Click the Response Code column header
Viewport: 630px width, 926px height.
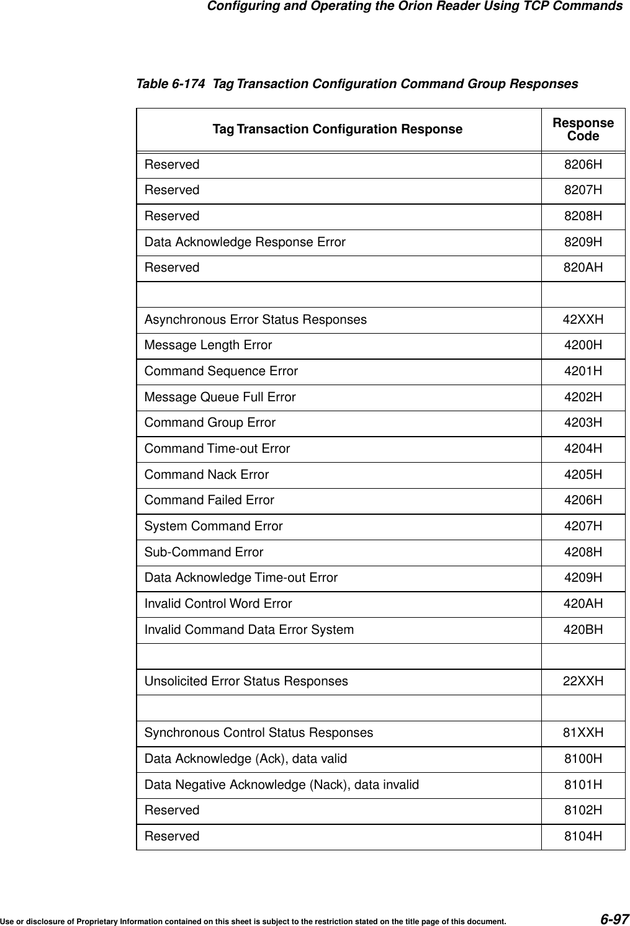point(583,130)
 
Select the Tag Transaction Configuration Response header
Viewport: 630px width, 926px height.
point(338,130)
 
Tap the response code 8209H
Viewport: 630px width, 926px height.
point(583,242)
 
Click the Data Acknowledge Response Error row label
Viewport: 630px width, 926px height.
point(245,242)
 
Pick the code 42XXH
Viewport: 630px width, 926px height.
point(583,319)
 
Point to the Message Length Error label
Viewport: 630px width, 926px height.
point(208,345)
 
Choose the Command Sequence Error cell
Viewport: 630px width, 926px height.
point(221,371)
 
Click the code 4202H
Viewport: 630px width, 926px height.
point(583,397)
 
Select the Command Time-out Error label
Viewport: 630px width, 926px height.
point(217,448)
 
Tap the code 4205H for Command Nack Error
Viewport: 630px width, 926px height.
point(583,474)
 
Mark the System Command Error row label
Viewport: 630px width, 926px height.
point(214,526)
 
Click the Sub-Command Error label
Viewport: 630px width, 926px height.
point(204,552)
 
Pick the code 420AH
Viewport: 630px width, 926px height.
point(583,603)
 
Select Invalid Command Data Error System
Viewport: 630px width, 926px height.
point(249,630)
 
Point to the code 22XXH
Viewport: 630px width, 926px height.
point(583,681)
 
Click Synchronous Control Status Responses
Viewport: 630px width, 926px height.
point(259,732)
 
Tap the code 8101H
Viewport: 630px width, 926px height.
point(583,785)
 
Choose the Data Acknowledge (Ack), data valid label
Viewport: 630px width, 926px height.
point(246,759)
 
